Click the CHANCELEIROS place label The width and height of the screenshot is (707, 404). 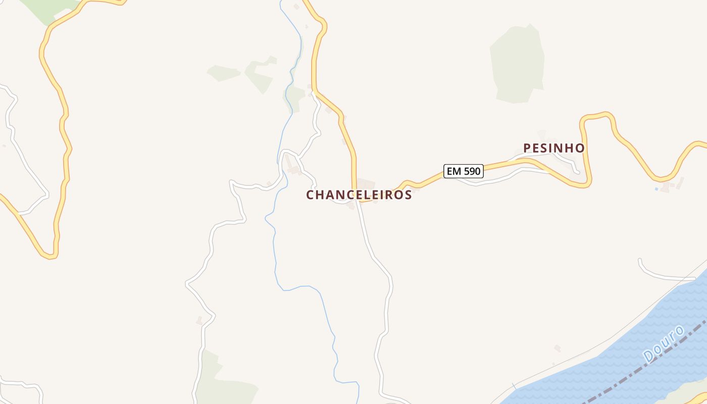359,195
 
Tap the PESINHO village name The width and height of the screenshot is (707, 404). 554,148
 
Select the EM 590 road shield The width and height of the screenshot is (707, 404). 464,171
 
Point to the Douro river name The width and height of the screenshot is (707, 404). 664,343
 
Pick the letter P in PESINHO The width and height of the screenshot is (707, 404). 528,148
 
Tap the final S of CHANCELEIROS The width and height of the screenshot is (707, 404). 408,195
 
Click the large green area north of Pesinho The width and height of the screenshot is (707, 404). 518,63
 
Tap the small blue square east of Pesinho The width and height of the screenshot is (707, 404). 656,189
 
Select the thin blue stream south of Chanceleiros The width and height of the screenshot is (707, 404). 303,287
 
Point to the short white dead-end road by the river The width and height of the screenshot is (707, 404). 662,275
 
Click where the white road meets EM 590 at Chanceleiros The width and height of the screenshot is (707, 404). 357,200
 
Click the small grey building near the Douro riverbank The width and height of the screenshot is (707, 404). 557,348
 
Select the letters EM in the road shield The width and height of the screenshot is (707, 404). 453,171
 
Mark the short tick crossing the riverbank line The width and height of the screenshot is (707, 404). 514,386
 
